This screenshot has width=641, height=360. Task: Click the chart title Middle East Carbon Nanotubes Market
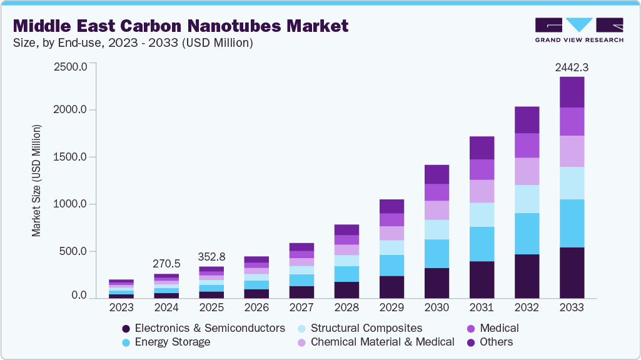tap(180, 26)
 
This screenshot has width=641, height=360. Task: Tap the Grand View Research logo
tap(578, 29)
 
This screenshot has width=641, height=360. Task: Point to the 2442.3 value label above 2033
tap(572, 67)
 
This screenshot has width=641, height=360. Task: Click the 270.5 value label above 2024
tap(166, 264)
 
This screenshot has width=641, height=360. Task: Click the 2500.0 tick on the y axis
tap(70, 66)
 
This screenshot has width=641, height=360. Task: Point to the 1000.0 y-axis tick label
tap(70, 204)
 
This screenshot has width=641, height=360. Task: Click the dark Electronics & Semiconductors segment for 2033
tap(572, 272)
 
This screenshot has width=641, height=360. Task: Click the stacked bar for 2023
tap(121, 289)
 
